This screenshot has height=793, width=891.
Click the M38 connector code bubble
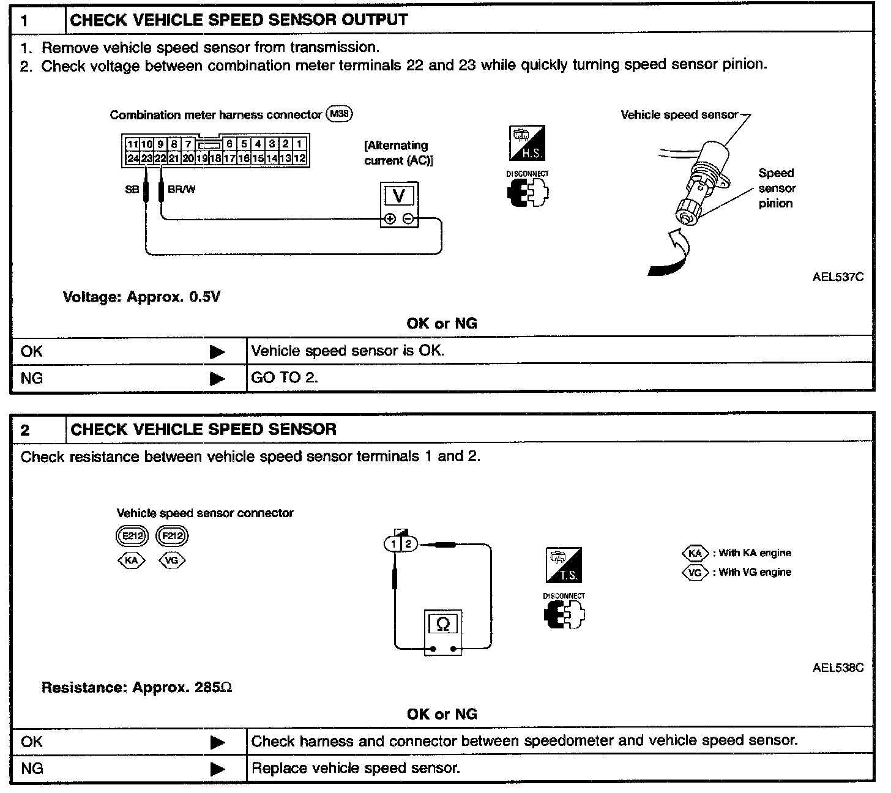340,114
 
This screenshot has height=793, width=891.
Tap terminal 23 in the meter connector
147,158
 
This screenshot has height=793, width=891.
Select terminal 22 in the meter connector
160,158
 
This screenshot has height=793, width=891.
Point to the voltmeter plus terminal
389,219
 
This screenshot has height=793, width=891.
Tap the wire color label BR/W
182,189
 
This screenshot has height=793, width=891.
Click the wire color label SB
132,190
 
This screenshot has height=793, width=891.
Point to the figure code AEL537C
838,277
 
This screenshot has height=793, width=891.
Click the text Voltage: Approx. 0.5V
141,297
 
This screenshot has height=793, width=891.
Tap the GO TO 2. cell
285,378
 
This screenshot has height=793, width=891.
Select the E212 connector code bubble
132,537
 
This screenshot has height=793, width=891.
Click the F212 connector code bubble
173,537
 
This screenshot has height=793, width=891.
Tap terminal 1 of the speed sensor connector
392,543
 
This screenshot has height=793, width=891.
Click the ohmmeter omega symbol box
443,624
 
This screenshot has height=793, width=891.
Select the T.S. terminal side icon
564,565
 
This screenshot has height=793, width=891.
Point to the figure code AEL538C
838,668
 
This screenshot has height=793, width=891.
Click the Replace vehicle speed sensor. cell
356,768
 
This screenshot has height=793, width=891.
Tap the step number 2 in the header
25,430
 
